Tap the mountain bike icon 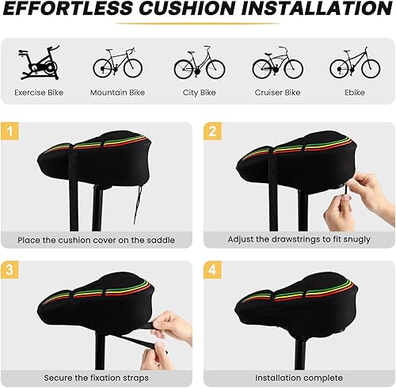tap(117, 63)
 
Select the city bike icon tap(196, 63)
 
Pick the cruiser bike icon tap(276, 63)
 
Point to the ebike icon tap(353, 63)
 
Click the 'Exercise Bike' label tap(40, 93)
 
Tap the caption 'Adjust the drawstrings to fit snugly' tap(298, 239)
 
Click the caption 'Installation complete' tap(298, 378)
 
